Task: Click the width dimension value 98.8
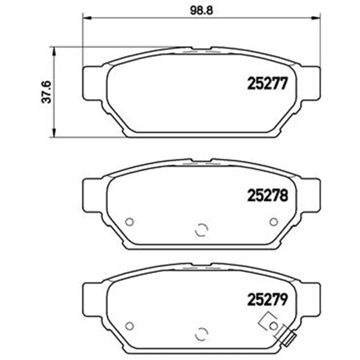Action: pyautogui.click(x=201, y=10)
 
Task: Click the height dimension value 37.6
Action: pyautogui.click(x=47, y=92)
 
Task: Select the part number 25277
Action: pyautogui.click(x=267, y=83)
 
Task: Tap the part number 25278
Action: pyautogui.click(x=267, y=196)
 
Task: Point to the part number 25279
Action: pyautogui.click(x=267, y=300)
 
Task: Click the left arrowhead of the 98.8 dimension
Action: pyautogui.click(x=87, y=18)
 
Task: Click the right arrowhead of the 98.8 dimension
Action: pyautogui.click(x=316, y=18)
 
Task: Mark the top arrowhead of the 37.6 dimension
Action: pyautogui.click(x=54, y=51)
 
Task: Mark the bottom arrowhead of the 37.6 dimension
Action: pyautogui.click(x=54, y=133)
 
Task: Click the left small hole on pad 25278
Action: pyautogui.click(x=129, y=222)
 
